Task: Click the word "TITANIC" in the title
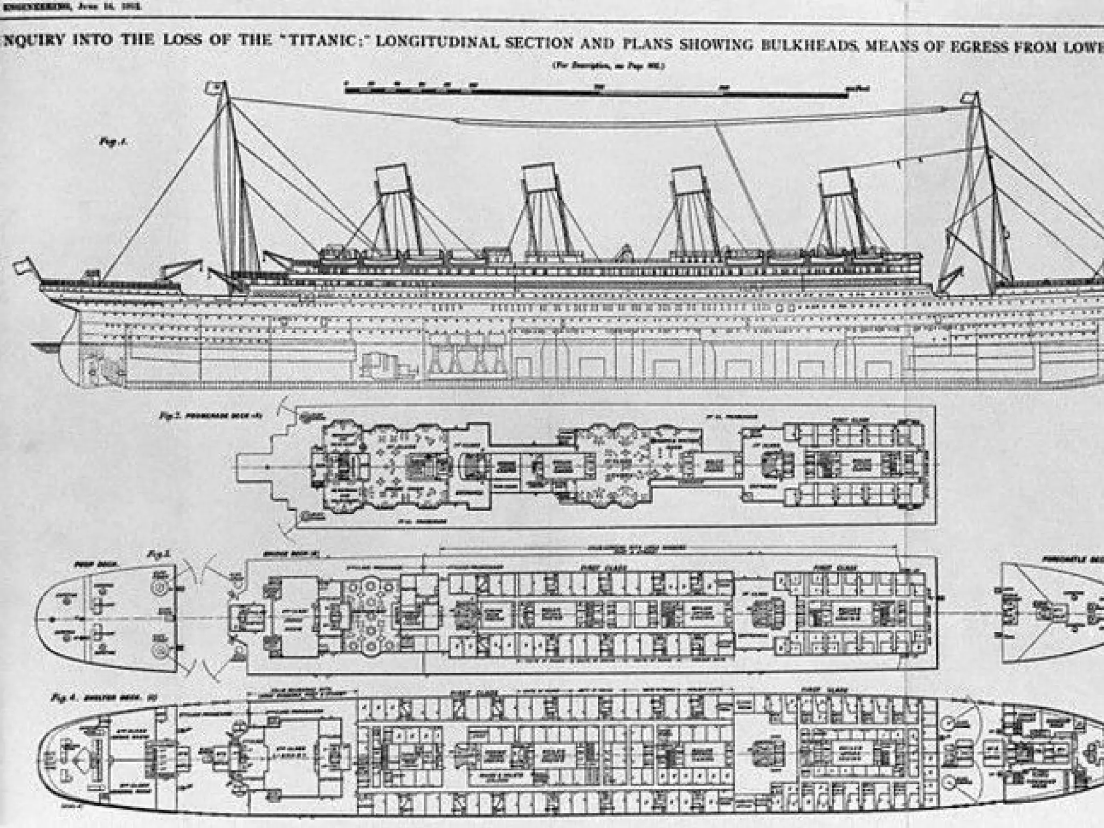318,42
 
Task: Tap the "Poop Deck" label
87,564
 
